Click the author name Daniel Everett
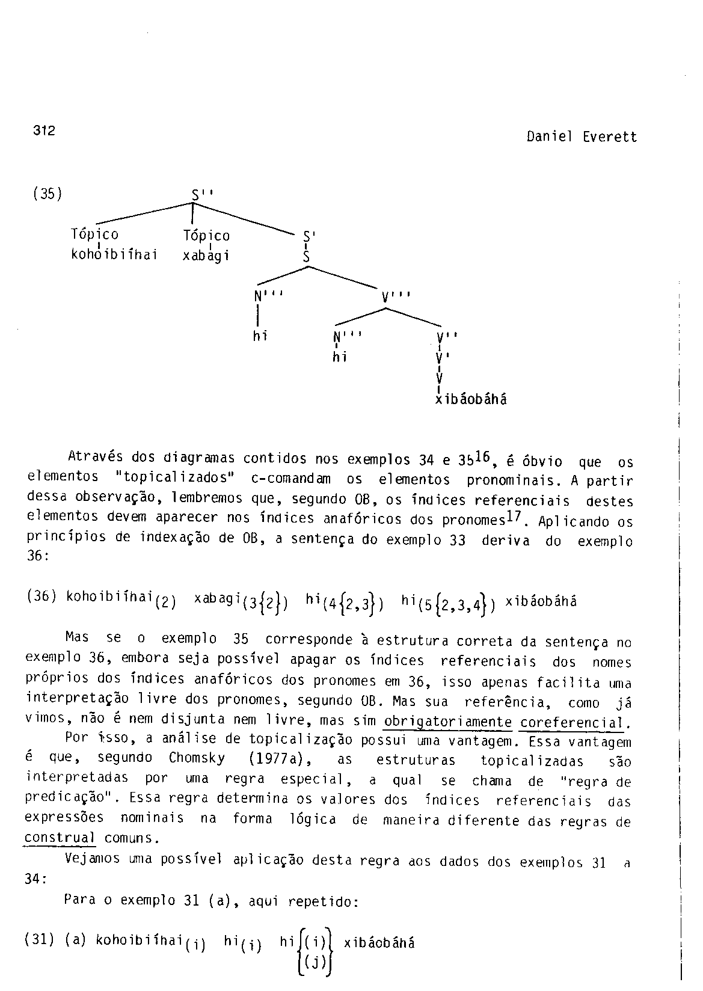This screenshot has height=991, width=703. coord(581,137)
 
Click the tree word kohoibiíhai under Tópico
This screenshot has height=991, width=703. coord(114,254)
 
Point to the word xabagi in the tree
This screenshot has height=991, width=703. coord(206,256)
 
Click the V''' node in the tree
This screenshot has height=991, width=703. coord(396,296)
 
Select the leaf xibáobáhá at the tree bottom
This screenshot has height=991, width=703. coord(471,399)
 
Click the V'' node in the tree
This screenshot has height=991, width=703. coord(448,337)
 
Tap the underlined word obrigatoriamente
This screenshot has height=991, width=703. coord(447,722)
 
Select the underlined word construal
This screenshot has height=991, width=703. coord(60,838)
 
